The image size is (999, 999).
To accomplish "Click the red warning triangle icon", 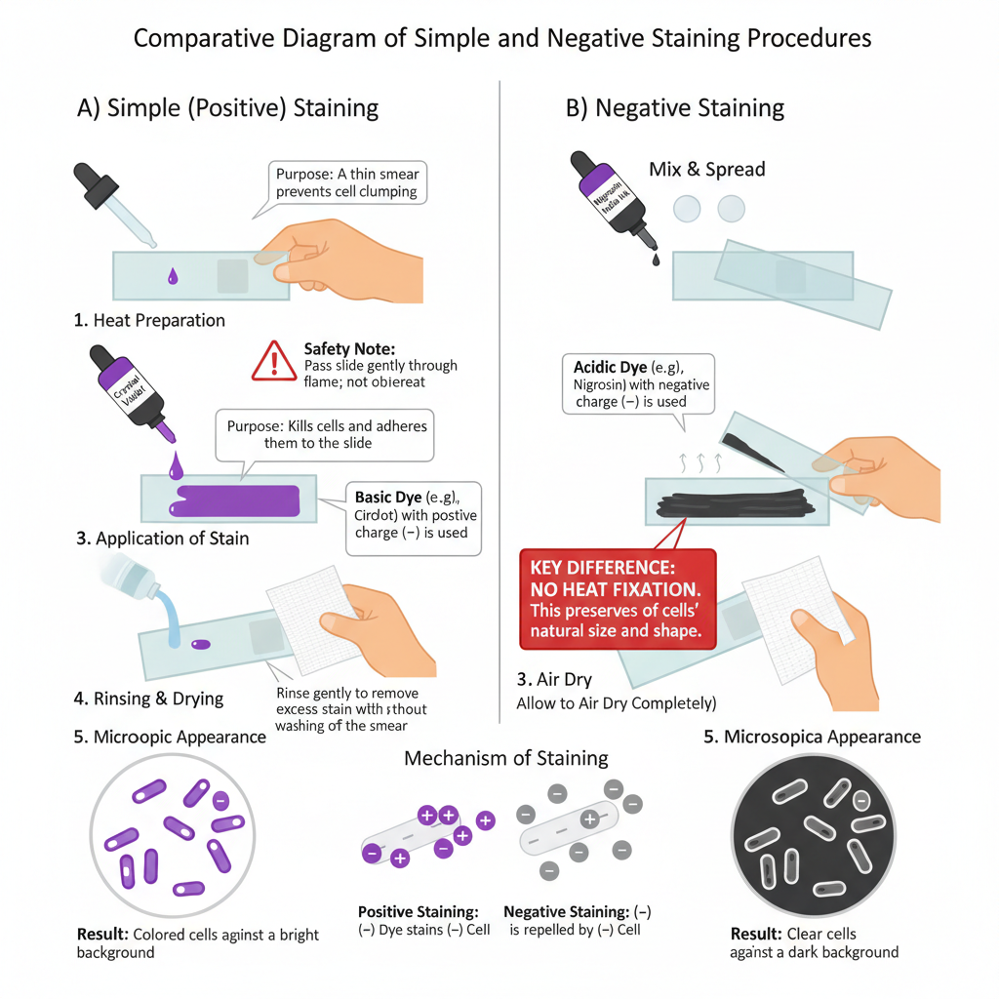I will [274, 361].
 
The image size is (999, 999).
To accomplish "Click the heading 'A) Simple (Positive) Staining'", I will [227, 107].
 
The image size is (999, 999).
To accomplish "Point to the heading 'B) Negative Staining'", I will [674, 107].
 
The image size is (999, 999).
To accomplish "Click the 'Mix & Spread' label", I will [706, 169].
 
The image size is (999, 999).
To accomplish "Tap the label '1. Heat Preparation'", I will [149, 320].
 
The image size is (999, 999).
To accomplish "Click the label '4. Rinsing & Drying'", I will [148, 699].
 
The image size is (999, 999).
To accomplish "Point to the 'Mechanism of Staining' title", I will [506, 758].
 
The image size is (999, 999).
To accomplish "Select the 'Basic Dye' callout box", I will [414, 516].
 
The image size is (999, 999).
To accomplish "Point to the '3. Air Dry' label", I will [554, 679].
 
